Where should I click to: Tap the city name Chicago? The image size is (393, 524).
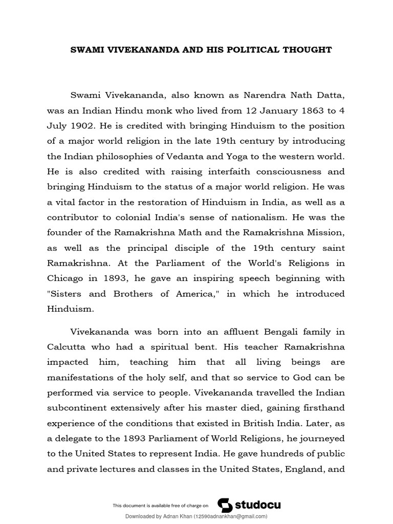coord(65,278)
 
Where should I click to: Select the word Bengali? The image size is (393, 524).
coord(258,332)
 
